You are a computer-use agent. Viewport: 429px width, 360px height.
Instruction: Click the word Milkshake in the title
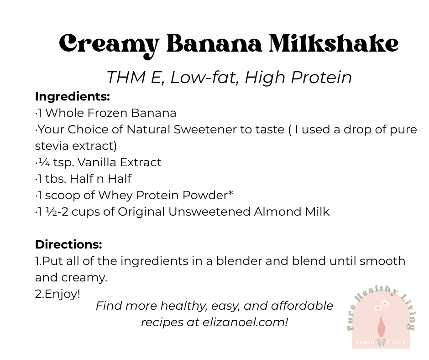(334, 43)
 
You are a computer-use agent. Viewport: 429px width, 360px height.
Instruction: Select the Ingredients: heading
(73, 97)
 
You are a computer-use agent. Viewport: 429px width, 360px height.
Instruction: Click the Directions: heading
(68, 244)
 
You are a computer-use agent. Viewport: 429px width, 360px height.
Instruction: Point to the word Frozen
(107, 113)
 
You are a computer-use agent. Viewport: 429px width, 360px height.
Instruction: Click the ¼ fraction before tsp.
(44, 163)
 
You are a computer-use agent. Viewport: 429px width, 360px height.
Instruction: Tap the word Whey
(115, 196)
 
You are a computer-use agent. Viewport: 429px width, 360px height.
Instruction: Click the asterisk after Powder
(230, 193)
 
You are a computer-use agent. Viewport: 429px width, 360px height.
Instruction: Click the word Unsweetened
(209, 212)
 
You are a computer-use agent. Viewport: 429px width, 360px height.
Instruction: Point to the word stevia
(52, 146)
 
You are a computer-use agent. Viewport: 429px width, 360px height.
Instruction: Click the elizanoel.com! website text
(245, 323)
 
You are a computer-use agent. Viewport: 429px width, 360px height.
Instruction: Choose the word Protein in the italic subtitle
(321, 78)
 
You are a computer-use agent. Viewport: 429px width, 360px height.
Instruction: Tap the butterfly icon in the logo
(381, 342)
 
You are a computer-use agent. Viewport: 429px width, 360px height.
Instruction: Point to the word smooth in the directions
(382, 261)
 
